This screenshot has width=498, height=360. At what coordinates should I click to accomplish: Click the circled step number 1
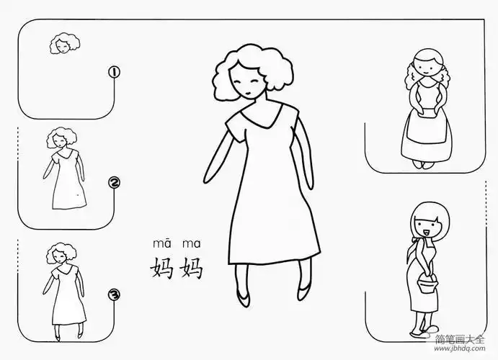coord(113,71)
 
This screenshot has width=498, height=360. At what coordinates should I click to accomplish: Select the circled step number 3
coord(113,294)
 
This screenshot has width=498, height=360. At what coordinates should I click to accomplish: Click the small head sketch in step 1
coord(61,45)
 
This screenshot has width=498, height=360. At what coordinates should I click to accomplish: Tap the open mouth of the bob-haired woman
coord(425,233)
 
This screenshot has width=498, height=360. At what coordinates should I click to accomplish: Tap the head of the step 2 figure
coord(58,139)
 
